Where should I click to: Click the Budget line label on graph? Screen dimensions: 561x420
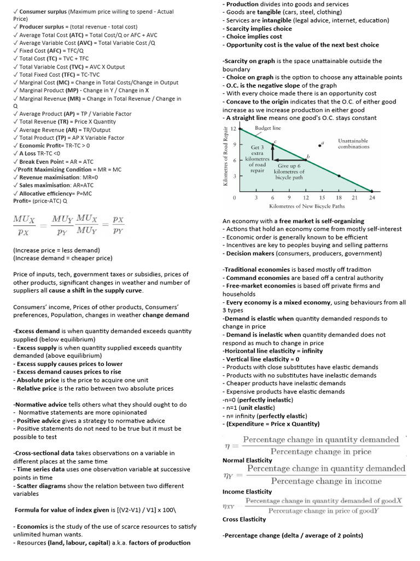click(x=268, y=128)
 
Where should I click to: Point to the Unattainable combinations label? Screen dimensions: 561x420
click(x=353, y=144)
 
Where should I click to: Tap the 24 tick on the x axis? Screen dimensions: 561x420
click(x=372, y=197)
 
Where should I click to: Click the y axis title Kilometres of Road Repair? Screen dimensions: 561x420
click(x=225, y=156)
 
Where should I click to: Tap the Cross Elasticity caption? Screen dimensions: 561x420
click(x=244, y=519)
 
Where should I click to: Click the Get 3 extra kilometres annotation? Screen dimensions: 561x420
click(x=258, y=159)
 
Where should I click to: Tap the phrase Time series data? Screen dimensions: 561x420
click(x=39, y=470)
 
